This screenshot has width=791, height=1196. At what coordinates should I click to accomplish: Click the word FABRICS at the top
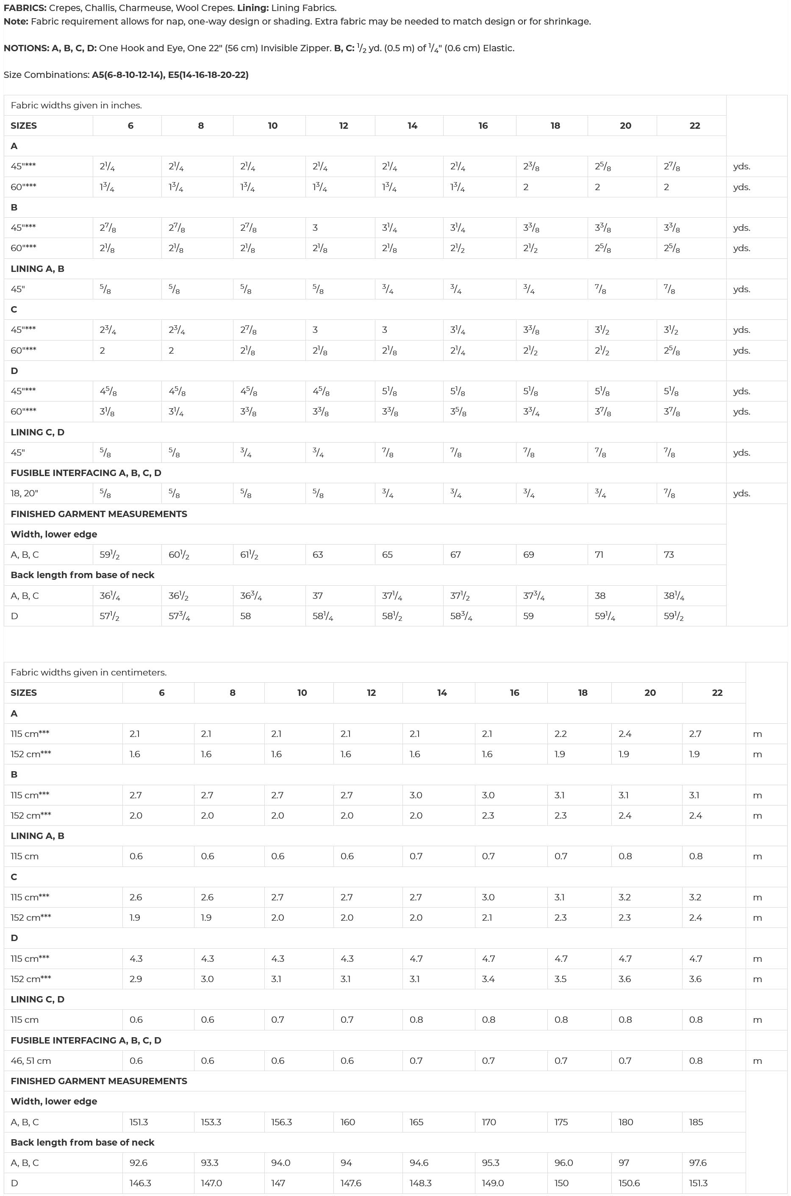tap(24, 8)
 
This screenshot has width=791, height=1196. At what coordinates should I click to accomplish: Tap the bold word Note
tap(16, 22)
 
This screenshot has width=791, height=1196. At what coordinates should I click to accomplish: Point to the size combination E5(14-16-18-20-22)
tap(208, 75)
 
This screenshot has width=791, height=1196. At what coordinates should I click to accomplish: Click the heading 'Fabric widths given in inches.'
tap(76, 105)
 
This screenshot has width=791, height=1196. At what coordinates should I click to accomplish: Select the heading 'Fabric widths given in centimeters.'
tap(89, 672)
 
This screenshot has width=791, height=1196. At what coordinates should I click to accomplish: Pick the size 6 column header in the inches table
tap(130, 125)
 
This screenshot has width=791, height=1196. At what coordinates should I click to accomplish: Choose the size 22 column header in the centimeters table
tap(717, 692)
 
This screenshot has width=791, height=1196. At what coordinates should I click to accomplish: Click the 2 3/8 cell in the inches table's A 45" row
tap(531, 166)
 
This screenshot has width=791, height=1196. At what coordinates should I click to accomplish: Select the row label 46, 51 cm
tap(31, 1060)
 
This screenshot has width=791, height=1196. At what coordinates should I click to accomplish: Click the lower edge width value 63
tap(318, 555)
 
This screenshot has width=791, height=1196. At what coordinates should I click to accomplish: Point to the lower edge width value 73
tap(669, 555)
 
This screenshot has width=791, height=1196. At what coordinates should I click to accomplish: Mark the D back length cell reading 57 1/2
tap(109, 616)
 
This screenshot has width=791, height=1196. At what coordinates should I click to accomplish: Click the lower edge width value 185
tap(696, 1122)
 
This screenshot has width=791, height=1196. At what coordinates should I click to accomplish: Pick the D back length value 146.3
tap(140, 1183)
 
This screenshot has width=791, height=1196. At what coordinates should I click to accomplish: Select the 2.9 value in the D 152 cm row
tap(136, 979)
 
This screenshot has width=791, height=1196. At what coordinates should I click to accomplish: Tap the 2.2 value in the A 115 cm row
tap(561, 734)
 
